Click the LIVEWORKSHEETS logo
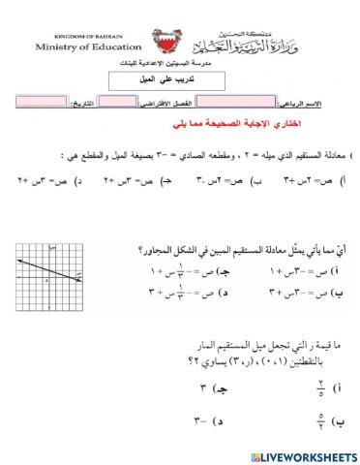coord(300,454)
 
